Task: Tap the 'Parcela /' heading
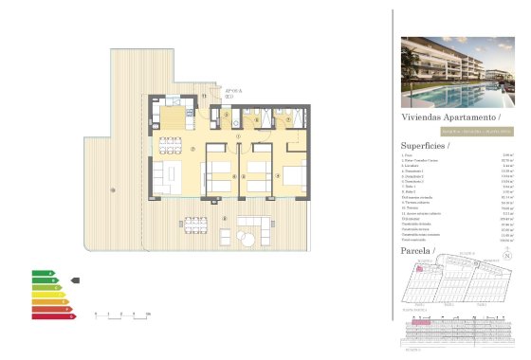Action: point(417,253)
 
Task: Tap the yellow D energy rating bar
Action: point(46,295)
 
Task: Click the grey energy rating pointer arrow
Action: point(76,280)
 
